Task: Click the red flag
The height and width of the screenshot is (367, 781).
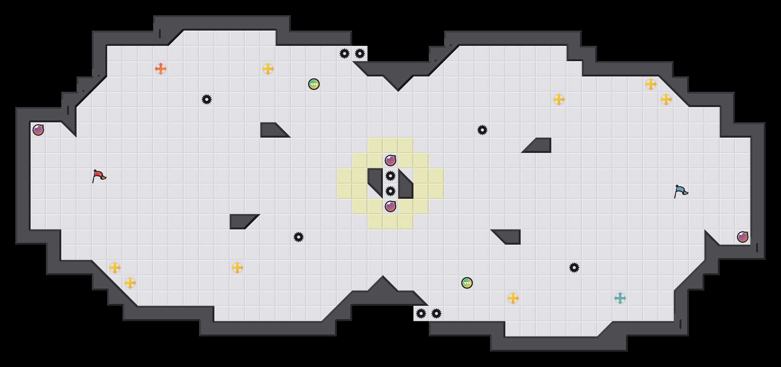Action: pyautogui.click(x=99, y=176)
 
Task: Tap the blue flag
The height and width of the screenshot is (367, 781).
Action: pyautogui.click(x=681, y=191)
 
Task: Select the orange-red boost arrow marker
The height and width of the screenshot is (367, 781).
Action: pyautogui.click(x=161, y=69)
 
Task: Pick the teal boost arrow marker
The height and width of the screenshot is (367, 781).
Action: pyautogui.click(x=620, y=298)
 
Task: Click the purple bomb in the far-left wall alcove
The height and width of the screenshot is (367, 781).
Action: pyautogui.click(x=38, y=130)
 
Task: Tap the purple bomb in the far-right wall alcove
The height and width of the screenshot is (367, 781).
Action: pyautogui.click(x=743, y=237)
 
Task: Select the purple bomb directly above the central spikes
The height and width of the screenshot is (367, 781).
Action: pyautogui.click(x=390, y=161)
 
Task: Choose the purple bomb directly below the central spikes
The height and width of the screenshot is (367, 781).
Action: pyautogui.click(x=390, y=206)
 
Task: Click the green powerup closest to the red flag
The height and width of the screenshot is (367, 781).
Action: pyautogui.click(x=314, y=84)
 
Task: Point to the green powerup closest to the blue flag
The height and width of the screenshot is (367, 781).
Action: pyautogui.click(x=467, y=283)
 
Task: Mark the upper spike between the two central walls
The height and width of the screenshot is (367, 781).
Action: pyautogui.click(x=390, y=176)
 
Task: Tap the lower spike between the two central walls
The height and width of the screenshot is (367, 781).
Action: pyautogui.click(x=390, y=191)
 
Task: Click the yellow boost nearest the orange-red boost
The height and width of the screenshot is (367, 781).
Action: pyautogui.click(x=268, y=69)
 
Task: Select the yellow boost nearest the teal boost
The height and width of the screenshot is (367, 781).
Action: pyautogui.click(x=513, y=298)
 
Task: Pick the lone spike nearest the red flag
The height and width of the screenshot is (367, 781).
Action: pyautogui.click(x=207, y=99)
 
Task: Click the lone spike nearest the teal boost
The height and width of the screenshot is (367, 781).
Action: pyautogui.click(x=574, y=268)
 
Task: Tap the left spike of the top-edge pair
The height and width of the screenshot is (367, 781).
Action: pyautogui.click(x=345, y=54)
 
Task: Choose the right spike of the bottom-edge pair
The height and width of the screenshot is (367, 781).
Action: pyautogui.click(x=436, y=313)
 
